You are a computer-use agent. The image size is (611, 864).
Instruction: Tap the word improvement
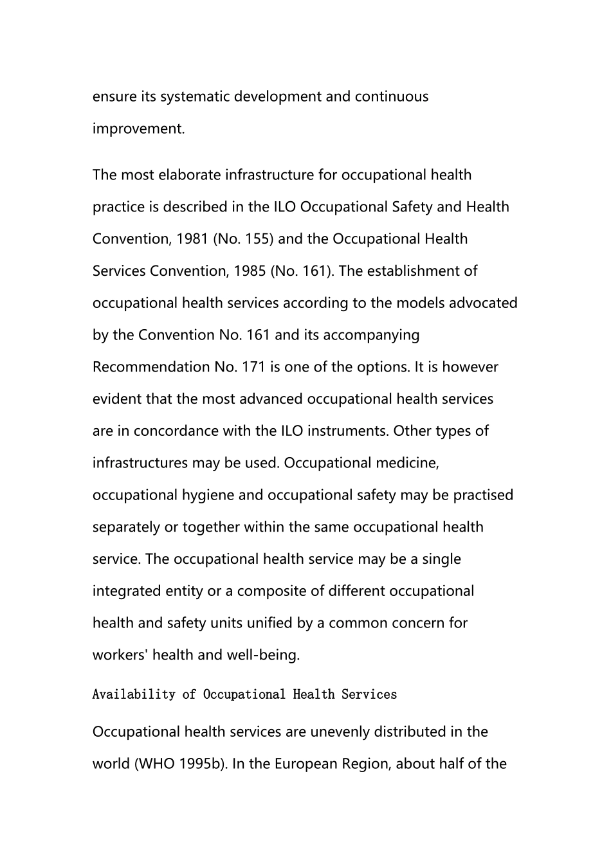138,129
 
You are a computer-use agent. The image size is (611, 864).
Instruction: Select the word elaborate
189,175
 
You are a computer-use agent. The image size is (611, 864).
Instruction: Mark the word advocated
483,303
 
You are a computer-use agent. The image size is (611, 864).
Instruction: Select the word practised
483,495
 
